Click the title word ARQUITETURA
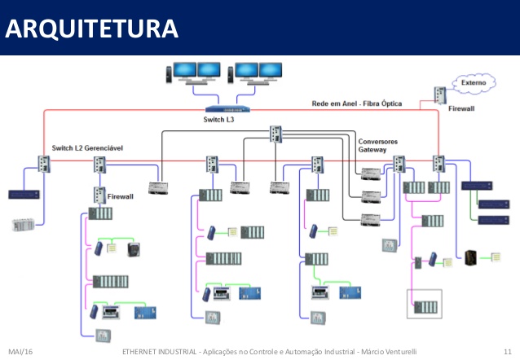pyautogui.click(x=90, y=30)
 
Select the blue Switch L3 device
pyautogui.click(x=228, y=108)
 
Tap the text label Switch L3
pyautogui.click(x=218, y=120)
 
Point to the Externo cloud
pyautogui.click(x=469, y=82)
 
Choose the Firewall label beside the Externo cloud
pyautogui.click(x=461, y=107)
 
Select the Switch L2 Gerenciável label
pyautogui.click(x=93, y=147)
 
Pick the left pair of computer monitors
pyautogui.click(x=192, y=74)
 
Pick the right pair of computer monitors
pyautogui.click(x=256, y=74)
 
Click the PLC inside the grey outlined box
pyautogui.click(x=424, y=306)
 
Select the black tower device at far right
pyautogui.click(x=469, y=258)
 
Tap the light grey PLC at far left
pyautogui.click(x=24, y=224)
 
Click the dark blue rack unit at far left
pyautogui.click(x=24, y=195)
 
